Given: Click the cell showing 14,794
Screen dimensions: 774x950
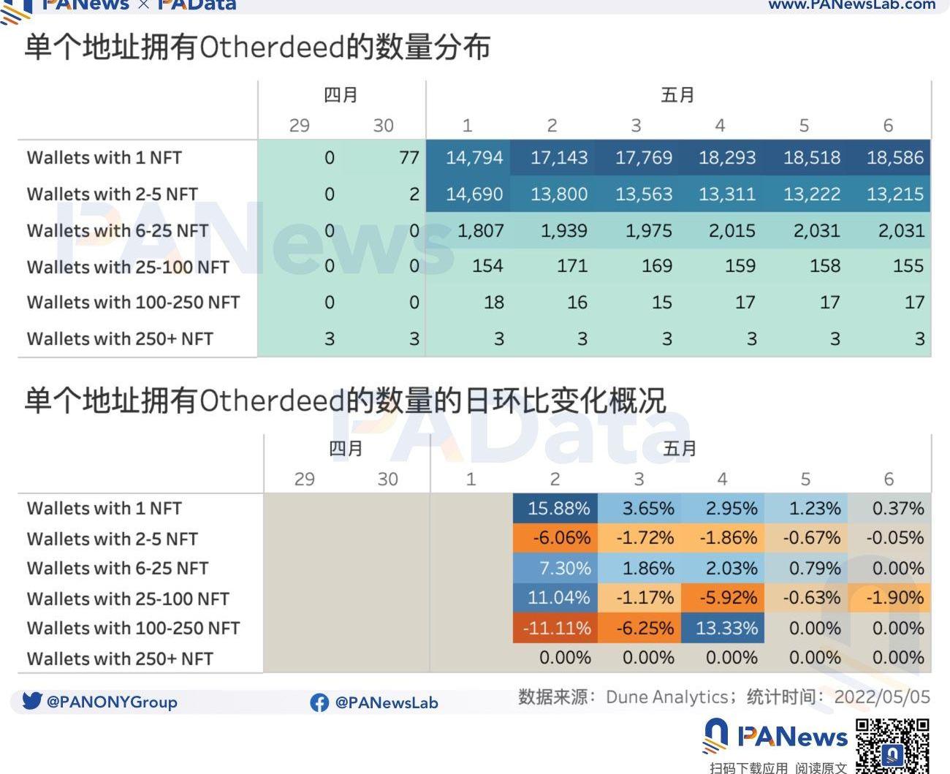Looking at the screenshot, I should pyautogui.click(x=474, y=157).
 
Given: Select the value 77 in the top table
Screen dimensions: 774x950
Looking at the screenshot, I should pyautogui.click(x=409, y=157).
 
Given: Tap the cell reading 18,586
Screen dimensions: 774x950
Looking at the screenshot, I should pyautogui.click(x=895, y=157).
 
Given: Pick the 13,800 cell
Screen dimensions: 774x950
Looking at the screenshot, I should pyautogui.click(x=559, y=194).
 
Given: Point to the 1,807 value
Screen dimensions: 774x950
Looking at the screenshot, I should pyautogui.click(x=480, y=230).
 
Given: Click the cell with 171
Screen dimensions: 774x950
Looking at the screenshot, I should pyautogui.click(x=571, y=266).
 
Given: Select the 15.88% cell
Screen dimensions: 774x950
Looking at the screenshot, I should pyautogui.click(x=558, y=508).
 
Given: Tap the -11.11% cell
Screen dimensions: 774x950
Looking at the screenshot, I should pyautogui.click(x=557, y=628).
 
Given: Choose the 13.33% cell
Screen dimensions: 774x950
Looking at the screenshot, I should pyautogui.click(x=726, y=628).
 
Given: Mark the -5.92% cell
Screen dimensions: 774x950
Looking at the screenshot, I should pyautogui.click(x=726, y=597).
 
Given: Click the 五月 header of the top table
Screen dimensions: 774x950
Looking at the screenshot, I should pyautogui.click(x=677, y=95).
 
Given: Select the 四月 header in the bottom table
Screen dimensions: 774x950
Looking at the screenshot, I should pyautogui.click(x=346, y=448).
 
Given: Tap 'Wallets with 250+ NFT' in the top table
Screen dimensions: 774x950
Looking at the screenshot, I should pyautogui.click(x=120, y=339).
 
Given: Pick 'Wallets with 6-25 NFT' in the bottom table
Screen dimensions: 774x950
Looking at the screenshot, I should pyautogui.click(x=118, y=568).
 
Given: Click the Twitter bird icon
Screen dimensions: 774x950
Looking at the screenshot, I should pyautogui.click(x=32, y=701).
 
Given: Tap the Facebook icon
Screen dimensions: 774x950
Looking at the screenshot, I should pyautogui.click(x=319, y=702).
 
